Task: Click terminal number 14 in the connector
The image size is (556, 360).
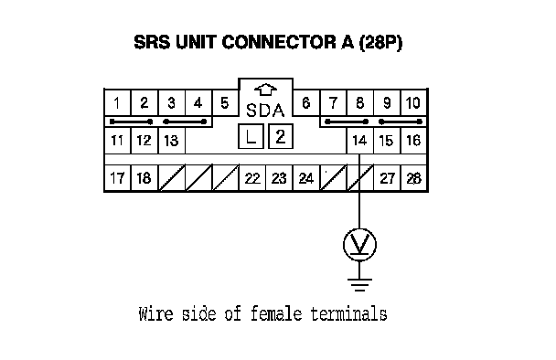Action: [359, 141]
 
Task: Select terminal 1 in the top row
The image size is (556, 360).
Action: [117, 102]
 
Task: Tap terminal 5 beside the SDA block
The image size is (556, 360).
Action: [225, 102]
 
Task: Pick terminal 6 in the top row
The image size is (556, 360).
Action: [306, 102]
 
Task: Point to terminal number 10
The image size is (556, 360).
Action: [413, 102]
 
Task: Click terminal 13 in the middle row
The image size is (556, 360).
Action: [171, 141]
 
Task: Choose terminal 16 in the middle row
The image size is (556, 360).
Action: [413, 141]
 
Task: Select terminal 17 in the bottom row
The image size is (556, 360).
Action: [117, 178]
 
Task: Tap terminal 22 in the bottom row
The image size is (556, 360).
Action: [252, 178]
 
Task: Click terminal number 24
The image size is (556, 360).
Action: [306, 178]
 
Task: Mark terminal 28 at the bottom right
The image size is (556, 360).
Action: [413, 178]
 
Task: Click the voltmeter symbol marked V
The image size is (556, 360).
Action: [359, 245]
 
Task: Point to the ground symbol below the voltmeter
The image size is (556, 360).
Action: [359, 284]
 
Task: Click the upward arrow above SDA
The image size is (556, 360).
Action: [265, 90]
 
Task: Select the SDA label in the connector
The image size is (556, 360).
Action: [265, 111]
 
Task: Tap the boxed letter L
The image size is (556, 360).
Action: [251, 136]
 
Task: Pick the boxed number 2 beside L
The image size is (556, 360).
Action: [281, 136]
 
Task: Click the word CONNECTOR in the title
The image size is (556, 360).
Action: [279, 42]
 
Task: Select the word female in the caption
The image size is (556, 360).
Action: [276, 314]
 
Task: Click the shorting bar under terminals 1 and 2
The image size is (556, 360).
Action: [131, 122]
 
